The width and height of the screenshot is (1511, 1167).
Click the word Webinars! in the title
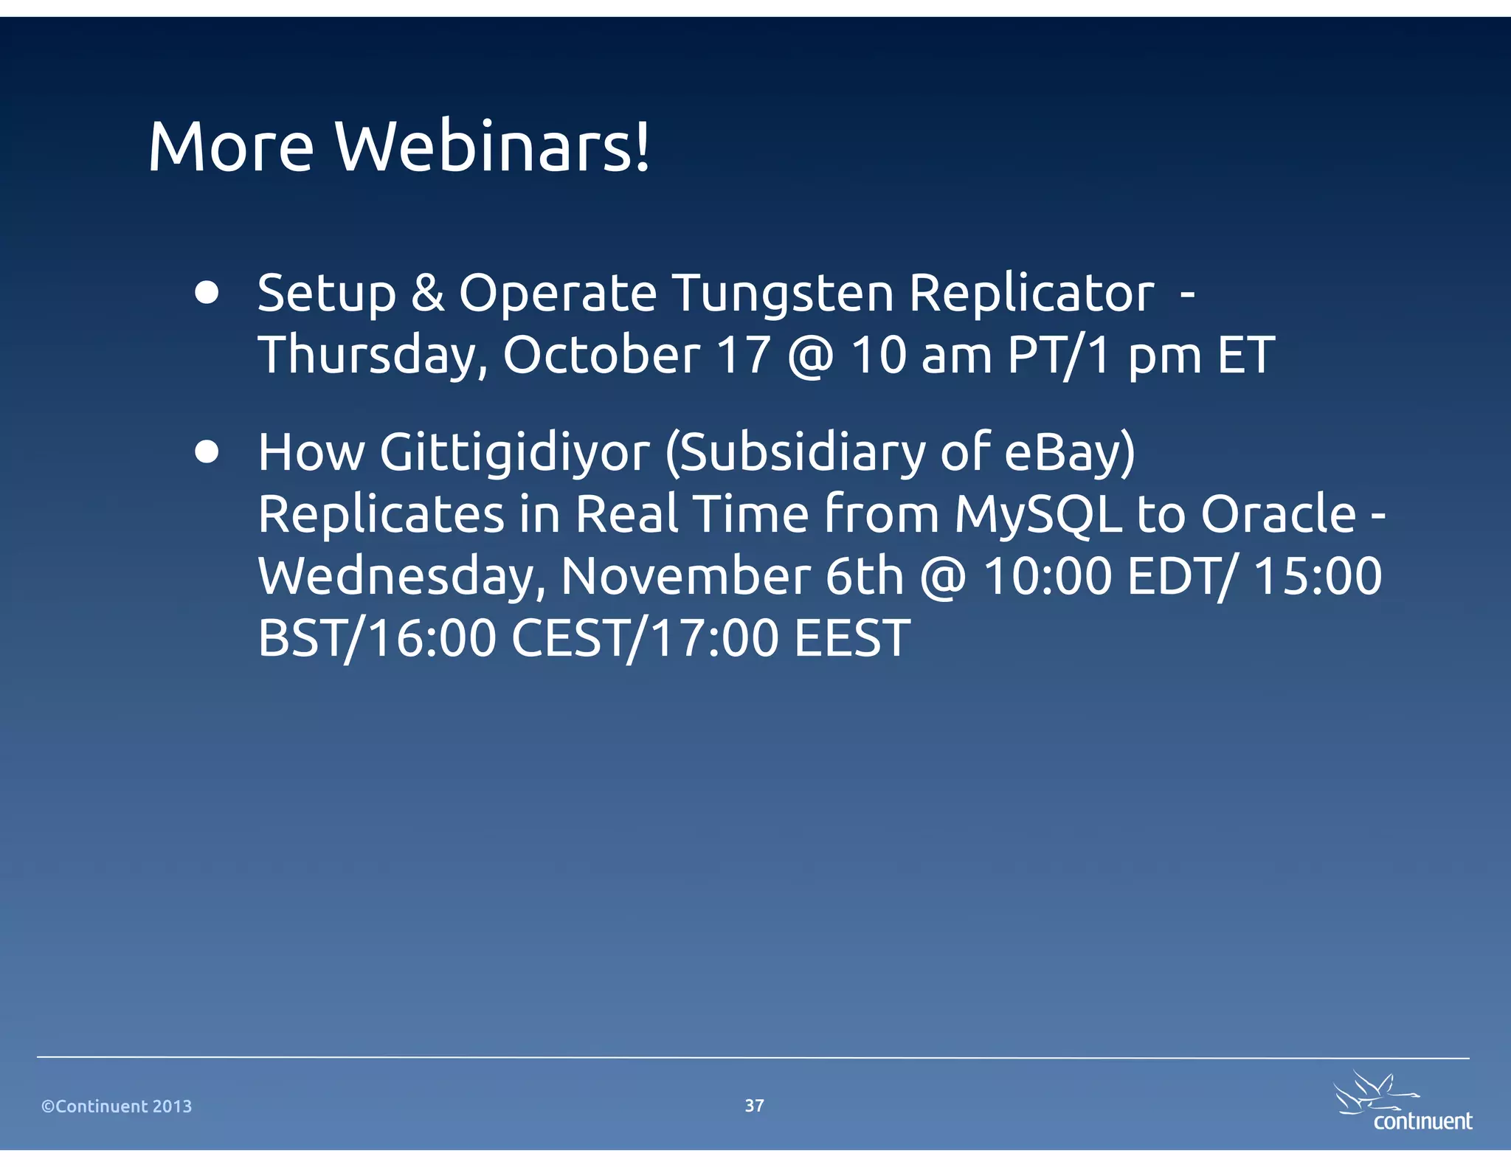(x=493, y=147)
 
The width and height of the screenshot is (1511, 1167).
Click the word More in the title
(x=231, y=147)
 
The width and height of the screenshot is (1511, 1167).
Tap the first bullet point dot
(x=207, y=292)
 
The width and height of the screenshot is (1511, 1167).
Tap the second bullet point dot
(x=207, y=451)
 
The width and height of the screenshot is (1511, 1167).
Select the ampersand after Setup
(x=428, y=293)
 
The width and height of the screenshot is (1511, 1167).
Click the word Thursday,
(x=373, y=356)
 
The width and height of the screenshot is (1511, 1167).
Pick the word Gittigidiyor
(x=515, y=453)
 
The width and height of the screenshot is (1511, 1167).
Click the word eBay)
(x=1070, y=453)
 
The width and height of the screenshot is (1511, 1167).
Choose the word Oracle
(x=1278, y=513)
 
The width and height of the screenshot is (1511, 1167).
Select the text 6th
(x=864, y=575)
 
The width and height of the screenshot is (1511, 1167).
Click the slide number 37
(x=754, y=1105)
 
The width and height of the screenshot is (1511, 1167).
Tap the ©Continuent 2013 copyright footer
(x=117, y=1107)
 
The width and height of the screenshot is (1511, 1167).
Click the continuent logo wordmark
(x=1422, y=1121)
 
